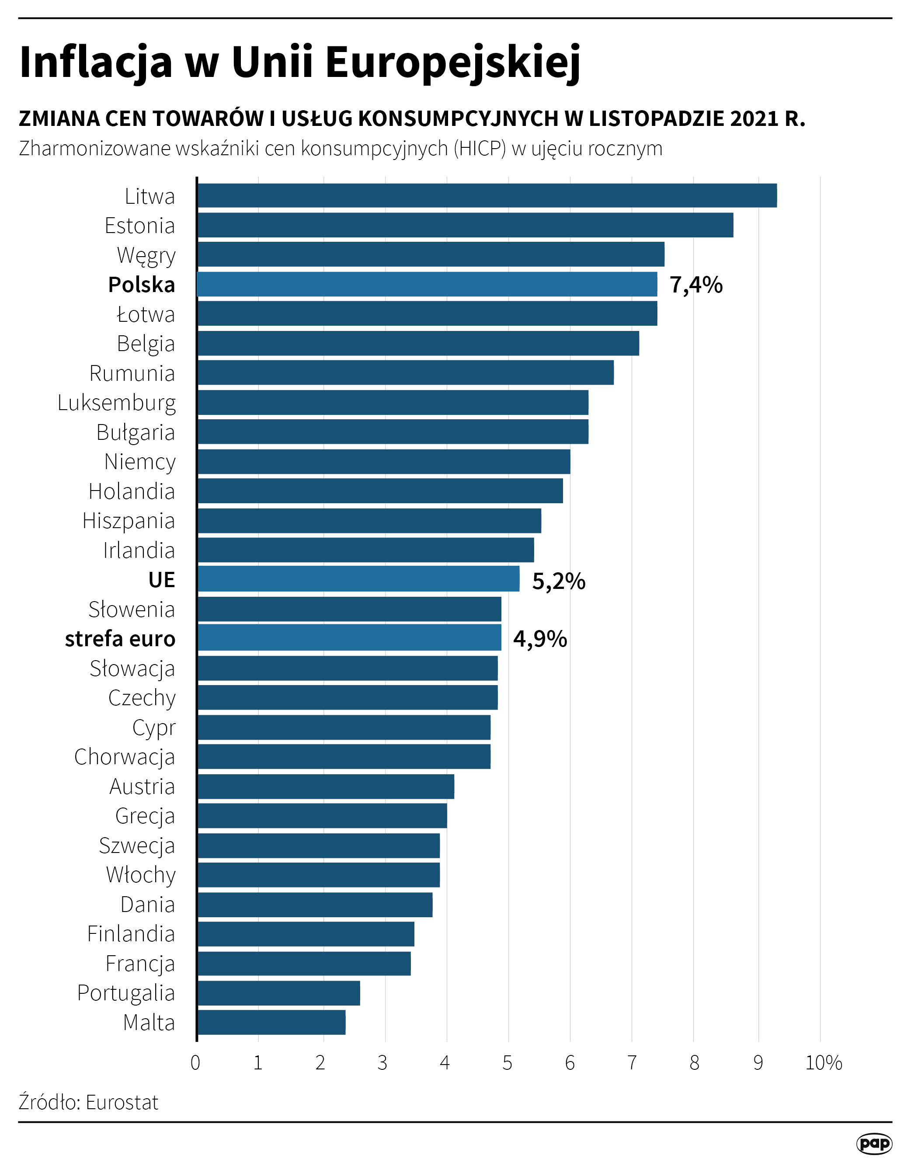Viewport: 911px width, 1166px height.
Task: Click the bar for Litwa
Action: (487, 195)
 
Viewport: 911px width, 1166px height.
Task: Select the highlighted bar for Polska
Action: (427, 284)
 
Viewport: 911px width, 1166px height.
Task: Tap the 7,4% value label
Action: (696, 285)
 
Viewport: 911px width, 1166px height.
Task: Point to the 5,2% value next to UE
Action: (559, 581)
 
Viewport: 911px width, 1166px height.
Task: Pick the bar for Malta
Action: (271, 1023)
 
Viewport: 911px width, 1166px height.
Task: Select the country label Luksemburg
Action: (116, 403)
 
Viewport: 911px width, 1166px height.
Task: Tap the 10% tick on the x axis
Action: (824, 1063)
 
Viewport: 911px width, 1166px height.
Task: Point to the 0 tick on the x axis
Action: (196, 1063)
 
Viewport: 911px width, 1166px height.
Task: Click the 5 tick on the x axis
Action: (508, 1063)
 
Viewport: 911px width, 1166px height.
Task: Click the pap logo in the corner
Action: (874, 1143)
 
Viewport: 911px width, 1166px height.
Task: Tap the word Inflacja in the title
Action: (96, 62)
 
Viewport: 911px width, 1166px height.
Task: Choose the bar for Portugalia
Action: (278, 993)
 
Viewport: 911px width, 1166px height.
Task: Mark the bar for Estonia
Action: (465, 225)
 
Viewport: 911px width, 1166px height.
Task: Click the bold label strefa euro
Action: (120, 639)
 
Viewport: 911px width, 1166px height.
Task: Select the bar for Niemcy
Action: (384, 461)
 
